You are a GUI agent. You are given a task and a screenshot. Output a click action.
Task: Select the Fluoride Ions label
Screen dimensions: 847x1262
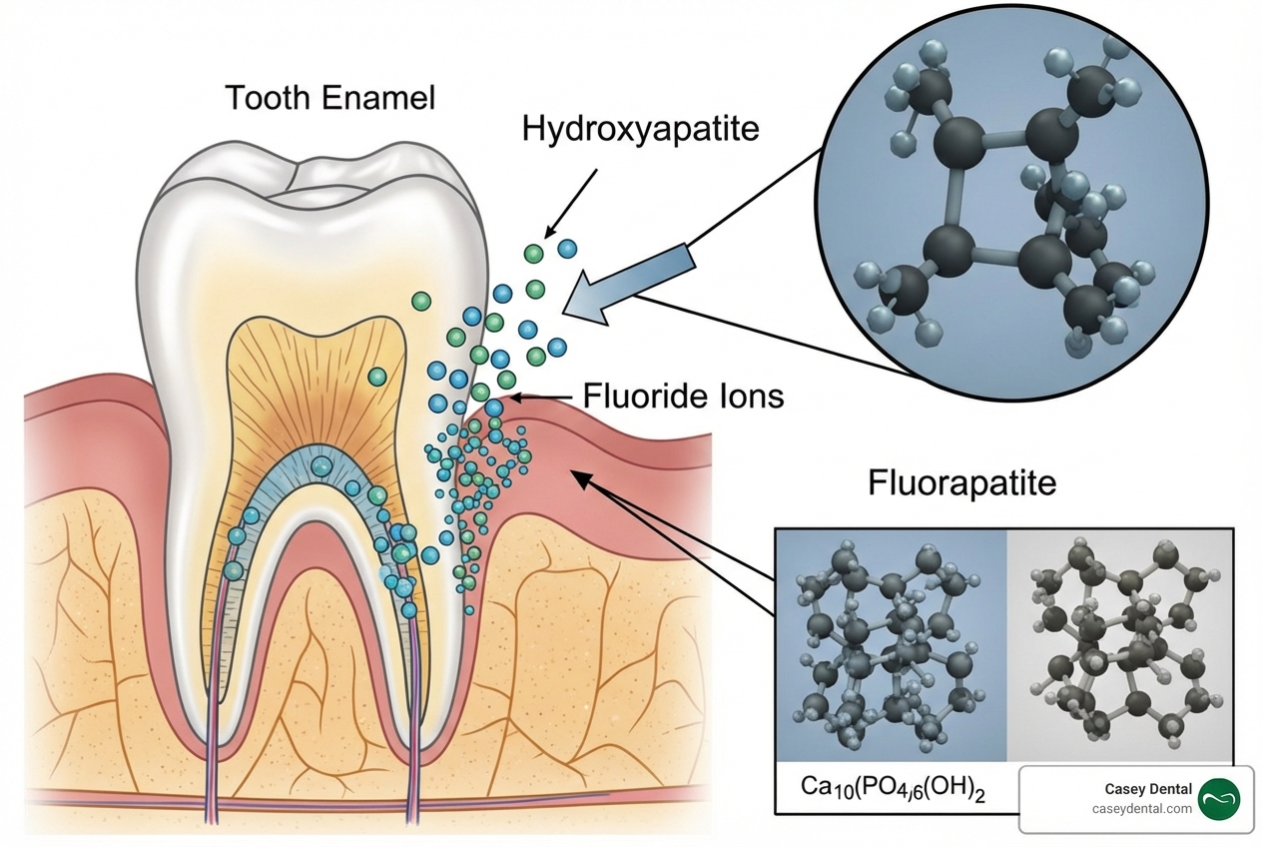[x=683, y=397]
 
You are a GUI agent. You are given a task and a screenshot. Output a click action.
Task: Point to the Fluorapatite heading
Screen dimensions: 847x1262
[x=961, y=484]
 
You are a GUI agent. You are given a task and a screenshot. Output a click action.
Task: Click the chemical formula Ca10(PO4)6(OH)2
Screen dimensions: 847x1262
[x=893, y=787]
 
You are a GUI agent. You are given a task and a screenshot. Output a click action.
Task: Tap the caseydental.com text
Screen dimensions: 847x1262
[x=1142, y=809]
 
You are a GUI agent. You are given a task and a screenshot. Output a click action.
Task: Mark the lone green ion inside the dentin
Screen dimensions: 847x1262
[x=377, y=376]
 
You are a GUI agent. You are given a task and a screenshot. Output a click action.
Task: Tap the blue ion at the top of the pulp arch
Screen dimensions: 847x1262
[x=320, y=465]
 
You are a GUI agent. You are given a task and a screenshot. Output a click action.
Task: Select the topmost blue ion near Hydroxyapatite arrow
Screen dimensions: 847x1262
[x=567, y=248]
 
